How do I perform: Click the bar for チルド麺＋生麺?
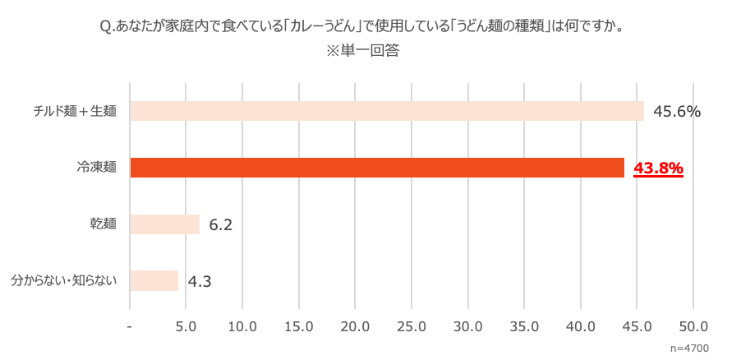pos(386,111)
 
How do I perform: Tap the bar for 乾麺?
pos(164,224)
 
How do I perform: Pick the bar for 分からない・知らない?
pos(154,280)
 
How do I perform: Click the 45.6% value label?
pos(676,111)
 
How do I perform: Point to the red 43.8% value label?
pos(658,168)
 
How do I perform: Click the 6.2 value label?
pos(221,224)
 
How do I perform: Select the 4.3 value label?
pos(200,281)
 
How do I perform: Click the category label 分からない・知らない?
pos(64,280)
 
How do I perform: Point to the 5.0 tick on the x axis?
pos(186,326)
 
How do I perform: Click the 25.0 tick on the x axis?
pos(412,326)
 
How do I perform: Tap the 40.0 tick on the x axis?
pos(581,326)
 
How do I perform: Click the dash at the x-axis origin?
pos(130,326)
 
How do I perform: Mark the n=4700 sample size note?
pos(689,348)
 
